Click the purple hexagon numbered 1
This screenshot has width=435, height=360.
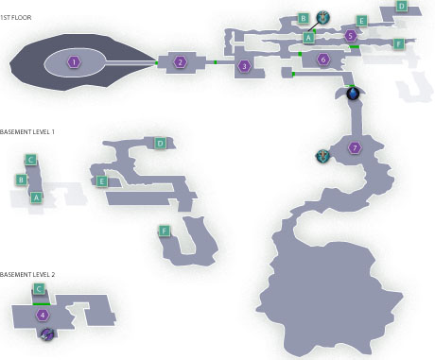point(74,62)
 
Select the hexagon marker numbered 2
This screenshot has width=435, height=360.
point(180,62)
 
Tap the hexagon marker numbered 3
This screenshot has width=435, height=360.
point(244,66)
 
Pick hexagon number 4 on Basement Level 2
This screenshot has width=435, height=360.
point(43,315)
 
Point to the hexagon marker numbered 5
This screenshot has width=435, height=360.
point(351,36)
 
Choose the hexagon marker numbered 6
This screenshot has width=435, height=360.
point(323,59)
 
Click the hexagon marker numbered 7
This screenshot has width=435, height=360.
point(355,147)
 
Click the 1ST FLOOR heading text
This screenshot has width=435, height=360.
point(16,18)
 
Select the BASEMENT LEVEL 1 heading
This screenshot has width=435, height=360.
point(27,132)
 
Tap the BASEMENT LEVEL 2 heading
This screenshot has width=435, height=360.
point(27,275)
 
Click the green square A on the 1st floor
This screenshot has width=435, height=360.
point(308,38)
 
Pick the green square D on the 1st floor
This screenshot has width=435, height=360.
point(401,7)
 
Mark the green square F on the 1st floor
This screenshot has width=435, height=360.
point(399,44)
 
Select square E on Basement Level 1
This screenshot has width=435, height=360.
point(101,181)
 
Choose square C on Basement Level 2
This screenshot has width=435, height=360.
point(39,289)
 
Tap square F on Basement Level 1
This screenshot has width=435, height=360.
point(164,231)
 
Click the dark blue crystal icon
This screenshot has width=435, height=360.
point(353,94)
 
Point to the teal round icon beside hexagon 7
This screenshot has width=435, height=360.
point(322,156)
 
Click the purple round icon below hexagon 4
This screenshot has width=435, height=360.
point(47,334)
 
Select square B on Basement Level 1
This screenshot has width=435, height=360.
point(21,180)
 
